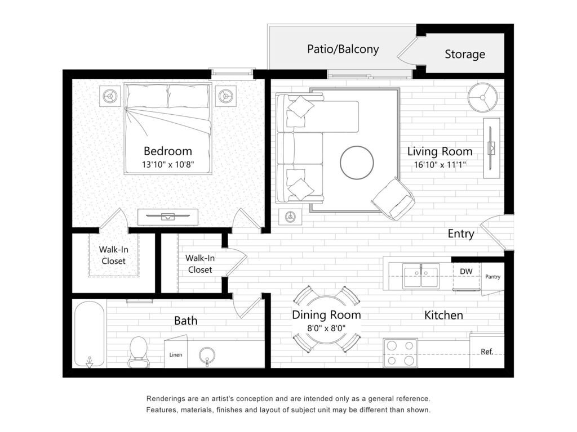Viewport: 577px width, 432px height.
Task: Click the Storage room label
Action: tap(465, 55)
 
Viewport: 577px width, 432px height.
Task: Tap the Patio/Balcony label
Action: tap(343, 49)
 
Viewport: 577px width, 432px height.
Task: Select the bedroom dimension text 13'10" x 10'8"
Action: tap(168, 164)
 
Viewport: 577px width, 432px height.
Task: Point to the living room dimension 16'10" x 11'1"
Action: tap(440, 165)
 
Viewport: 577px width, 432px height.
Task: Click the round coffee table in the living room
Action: tap(357, 163)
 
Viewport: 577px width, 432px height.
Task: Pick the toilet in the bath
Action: tap(139, 352)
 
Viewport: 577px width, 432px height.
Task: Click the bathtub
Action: tap(89, 334)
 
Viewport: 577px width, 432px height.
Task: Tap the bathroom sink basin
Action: tap(207, 355)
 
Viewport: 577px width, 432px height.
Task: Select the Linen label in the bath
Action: tap(176, 355)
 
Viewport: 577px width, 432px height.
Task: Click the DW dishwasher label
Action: tap(466, 272)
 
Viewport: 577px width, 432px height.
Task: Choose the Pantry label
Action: tap(492, 277)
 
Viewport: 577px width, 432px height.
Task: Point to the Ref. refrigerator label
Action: tap(487, 352)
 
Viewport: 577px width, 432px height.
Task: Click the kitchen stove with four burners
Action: tap(400, 353)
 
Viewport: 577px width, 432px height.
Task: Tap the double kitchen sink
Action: tap(421, 276)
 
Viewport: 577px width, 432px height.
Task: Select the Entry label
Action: tap(461, 233)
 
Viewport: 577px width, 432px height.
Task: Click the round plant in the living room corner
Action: tap(482, 97)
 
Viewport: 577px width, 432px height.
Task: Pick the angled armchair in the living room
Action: tap(393, 199)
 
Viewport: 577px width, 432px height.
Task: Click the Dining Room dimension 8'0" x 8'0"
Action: tap(326, 328)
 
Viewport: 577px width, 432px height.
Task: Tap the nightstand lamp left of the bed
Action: tap(110, 97)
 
